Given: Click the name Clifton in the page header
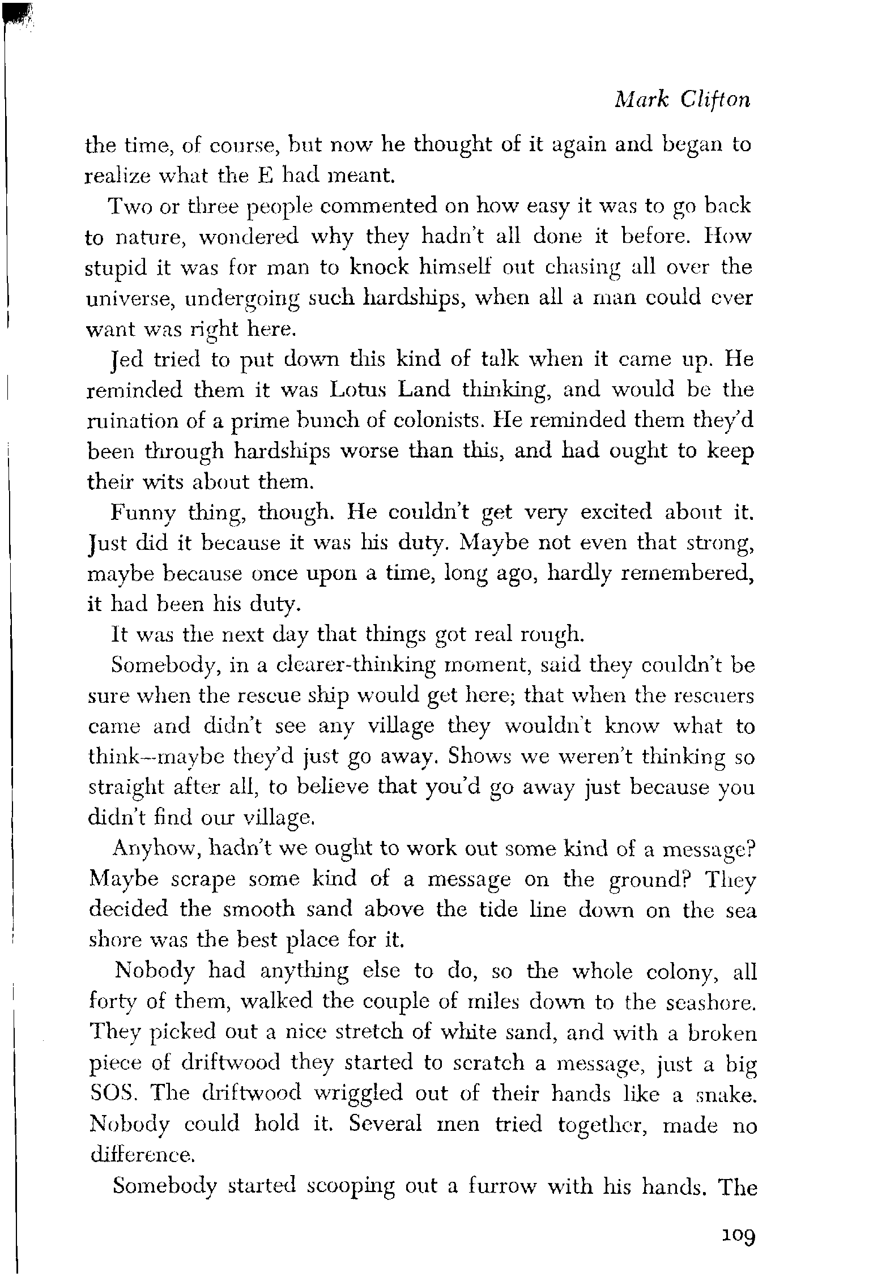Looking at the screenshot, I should coord(716,100).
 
